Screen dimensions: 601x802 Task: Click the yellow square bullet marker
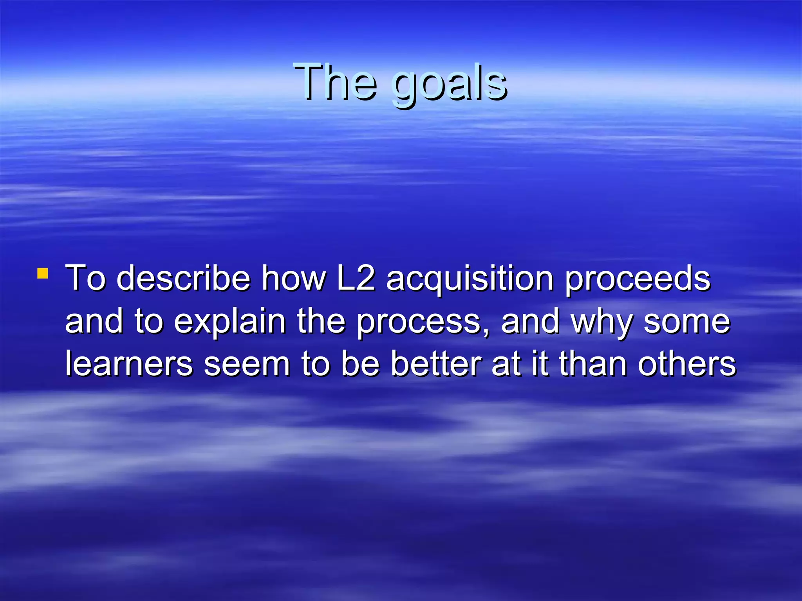42,273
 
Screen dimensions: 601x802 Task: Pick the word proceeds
638,279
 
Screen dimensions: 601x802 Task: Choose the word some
687,322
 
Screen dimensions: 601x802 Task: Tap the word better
436,364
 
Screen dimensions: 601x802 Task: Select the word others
687,364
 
